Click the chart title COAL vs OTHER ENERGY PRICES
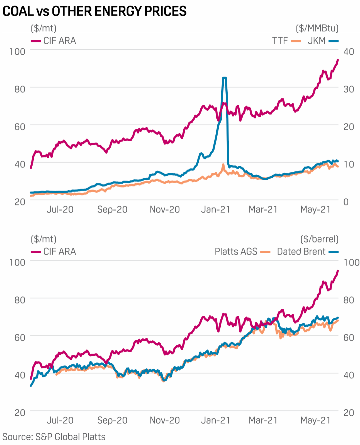pos(94,11)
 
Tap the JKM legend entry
pos(323,41)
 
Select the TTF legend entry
pos(286,41)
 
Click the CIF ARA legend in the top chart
pos(54,41)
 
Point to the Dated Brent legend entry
pos(307,251)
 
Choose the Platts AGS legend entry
pos(242,251)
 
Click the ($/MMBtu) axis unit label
pos(317,28)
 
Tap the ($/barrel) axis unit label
pos(319,239)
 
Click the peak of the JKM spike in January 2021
pos(224,78)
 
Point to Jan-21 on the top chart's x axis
pos(215,210)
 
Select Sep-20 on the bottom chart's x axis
pos(112,420)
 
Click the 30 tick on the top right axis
pos(349,89)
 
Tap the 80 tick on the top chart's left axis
pos(20,89)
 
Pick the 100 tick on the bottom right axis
pos(351,262)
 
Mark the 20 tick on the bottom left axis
pos(20,413)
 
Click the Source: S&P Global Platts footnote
pos(54,437)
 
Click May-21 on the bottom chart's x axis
pos(315,420)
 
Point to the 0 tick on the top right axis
pos(346,202)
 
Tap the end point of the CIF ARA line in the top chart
pos(338,60)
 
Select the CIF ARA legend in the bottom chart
pos(54,251)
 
